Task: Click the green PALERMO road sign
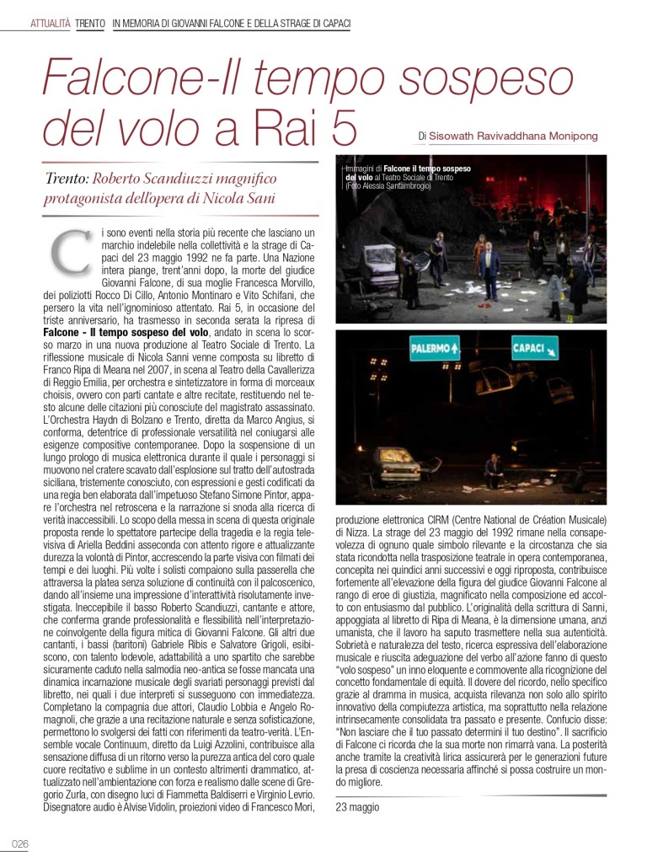[x=434, y=349]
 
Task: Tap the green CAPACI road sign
[x=534, y=348]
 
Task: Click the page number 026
[x=20, y=844]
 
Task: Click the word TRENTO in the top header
[x=90, y=24]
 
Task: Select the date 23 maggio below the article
[x=357, y=806]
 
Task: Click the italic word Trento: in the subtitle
[x=67, y=179]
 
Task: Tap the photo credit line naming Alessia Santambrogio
[x=388, y=186]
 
